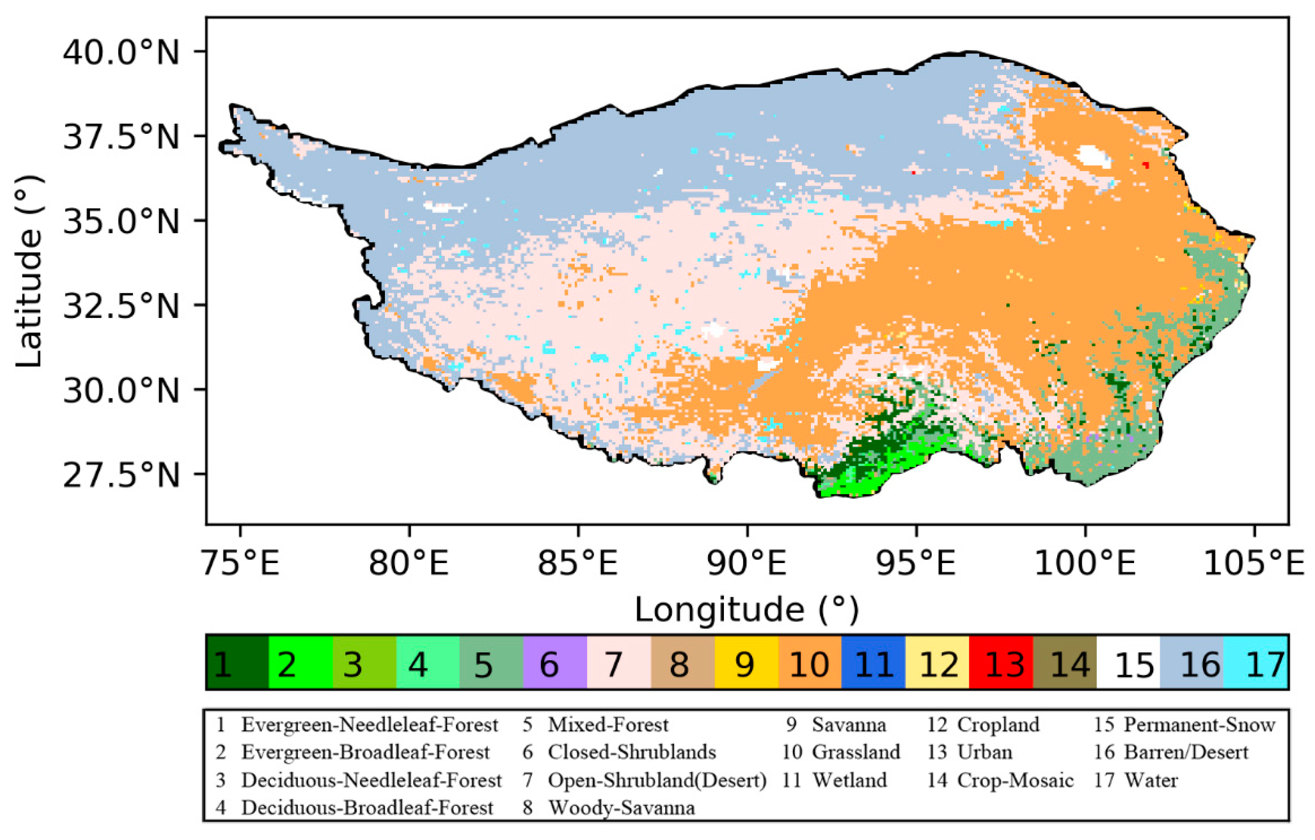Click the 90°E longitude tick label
click(x=746, y=563)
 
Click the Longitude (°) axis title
click(x=746, y=609)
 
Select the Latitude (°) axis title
click(x=28, y=272)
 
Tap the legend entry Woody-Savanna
click(x=621, y=808)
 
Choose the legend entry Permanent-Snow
click(x=1198, y=725)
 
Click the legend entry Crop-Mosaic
click(x=1015, y=780)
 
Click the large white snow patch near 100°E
click(x=1094, y=157)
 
